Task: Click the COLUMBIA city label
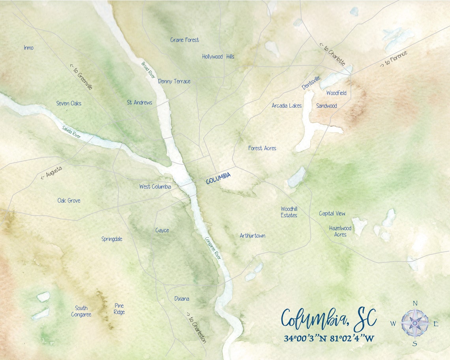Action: point(218,178)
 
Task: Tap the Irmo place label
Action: point(29,48)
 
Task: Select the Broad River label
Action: point(148,70)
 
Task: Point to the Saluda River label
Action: point(71,131)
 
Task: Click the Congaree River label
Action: point(213,248)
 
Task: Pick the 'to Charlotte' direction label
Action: point(332,55)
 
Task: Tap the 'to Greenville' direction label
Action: point(81,77)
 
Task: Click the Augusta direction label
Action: point(52,172)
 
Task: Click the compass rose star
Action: point(415,323)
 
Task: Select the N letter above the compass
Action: point(415,303)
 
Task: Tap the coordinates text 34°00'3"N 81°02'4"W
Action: point(328,339)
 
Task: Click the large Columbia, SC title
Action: point(328,319)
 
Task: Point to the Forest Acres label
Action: point(262,148)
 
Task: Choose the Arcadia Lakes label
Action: point(287,105)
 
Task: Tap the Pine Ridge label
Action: point(119,309)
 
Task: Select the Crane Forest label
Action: point(184,40)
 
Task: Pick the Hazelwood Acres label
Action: point(340,231)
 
